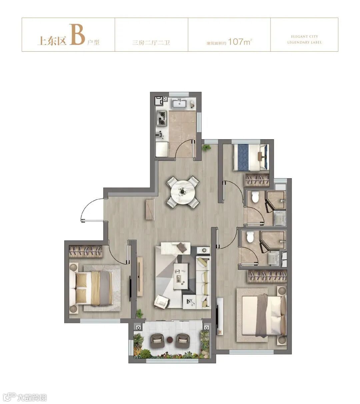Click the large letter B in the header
click(x=77, y=34)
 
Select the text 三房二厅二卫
click(x=151, y=43)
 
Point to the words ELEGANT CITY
click(x=304, y=37)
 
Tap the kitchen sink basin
click(x=179, y=104)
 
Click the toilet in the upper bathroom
click(x=255, y=197)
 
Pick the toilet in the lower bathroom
click(x=250, y=236)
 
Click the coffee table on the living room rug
click(x=181, y=276)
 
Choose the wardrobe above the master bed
click(x=267, y=276)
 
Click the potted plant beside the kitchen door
click(x=206, y=148)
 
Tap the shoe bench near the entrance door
click(x=150, y=209)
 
